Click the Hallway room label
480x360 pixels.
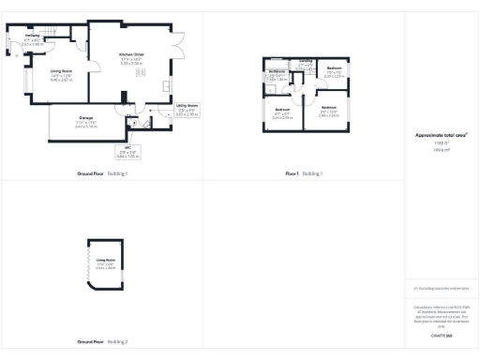[x=33, y=38]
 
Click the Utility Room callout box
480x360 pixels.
[x=187, y=111]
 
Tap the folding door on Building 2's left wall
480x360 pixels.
[x=86, y=263]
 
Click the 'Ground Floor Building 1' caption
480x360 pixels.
[x=103, y=174]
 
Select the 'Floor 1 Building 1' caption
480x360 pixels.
[x=304, y=174]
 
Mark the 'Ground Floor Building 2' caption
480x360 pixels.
[x=103, y=342]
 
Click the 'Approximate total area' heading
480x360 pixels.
[x=441, y=135]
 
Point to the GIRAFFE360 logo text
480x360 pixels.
[x=441, y=336]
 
